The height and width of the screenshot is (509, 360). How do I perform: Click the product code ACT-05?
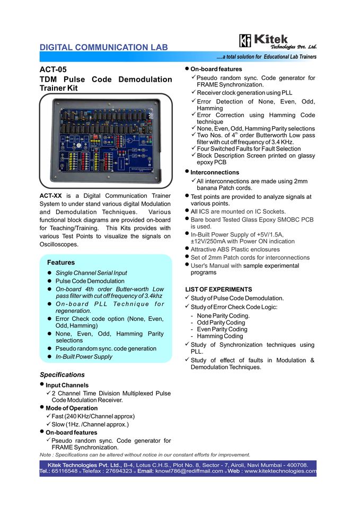coord(54,69)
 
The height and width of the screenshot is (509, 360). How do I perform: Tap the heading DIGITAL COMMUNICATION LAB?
coord(104,47)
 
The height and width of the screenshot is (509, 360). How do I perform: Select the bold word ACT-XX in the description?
coord(51,196)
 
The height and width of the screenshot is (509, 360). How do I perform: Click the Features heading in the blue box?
coord(61,262)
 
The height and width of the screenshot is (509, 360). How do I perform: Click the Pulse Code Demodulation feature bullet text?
coord(90,281)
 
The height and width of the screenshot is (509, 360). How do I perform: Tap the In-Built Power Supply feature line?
coord(84,357)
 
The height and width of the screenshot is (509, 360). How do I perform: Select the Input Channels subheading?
coord(67,385)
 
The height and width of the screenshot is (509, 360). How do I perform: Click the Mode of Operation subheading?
coord(72,408)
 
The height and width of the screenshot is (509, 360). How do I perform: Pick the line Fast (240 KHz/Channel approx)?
coord(93,416)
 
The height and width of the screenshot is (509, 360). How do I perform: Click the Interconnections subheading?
coord(215,172)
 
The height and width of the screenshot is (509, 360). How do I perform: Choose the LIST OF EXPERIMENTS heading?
coord(218,289)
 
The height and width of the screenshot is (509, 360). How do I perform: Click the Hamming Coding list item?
coord(220,336)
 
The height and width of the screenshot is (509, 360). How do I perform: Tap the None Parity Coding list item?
coord(223,315)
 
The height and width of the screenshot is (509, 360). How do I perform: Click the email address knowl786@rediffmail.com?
coord(189,471)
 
